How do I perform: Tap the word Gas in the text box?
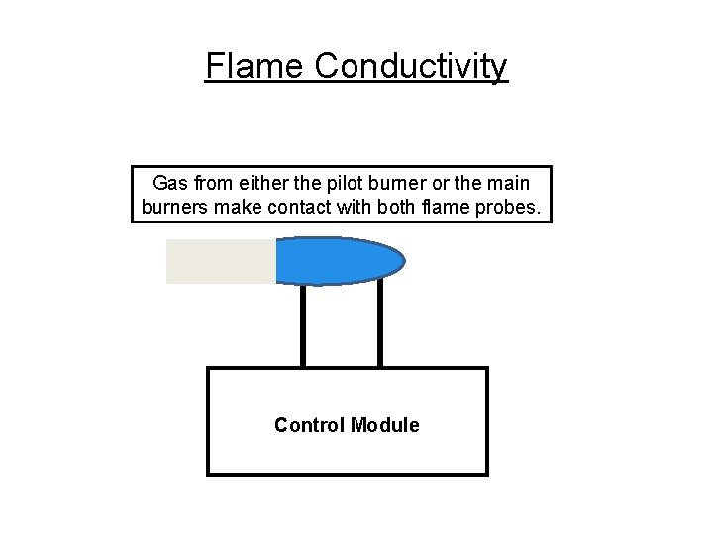click(x=169, y=184)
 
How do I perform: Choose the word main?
click(x=509, y=184)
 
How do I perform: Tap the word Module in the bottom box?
click(x=384, y=425)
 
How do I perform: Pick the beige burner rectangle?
click(x=220, y=261)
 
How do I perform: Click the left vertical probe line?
click(x=303, y=326)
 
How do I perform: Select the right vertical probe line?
click(x=379, y=326)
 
